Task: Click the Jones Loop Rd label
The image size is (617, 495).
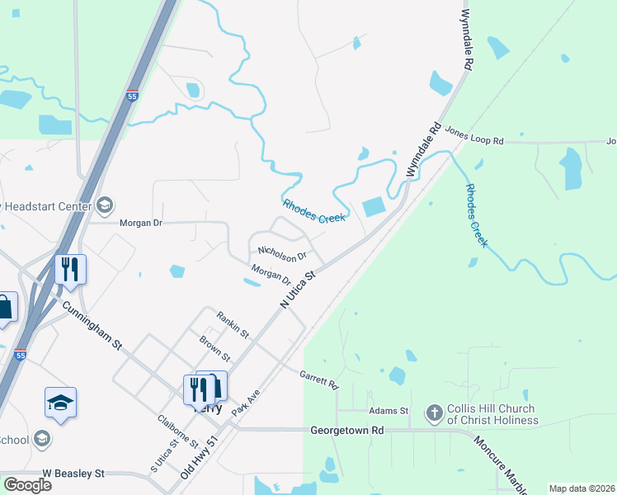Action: pyautogui.click(x=473, y=141)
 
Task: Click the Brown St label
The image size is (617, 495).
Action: pyautogui.click(x=214, y=347)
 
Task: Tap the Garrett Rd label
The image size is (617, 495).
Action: pyautogui.click(x=319, y=379)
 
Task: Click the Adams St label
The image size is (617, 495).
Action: pyautogui.click(x=389, y=410)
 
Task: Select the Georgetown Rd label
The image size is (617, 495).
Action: pyautogui.click(x=347, y=431)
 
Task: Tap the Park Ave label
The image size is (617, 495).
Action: pyautogui.click(x=246, y=402)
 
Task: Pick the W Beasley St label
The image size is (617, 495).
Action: pyautogui.click(x=73, y=474)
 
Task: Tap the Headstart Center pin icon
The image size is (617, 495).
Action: pyautogui.click(x=105, y=204)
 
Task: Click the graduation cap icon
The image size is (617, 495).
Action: pyautogui.click(x=60, y=402)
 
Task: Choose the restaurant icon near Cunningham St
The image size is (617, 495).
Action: pyautogui.click(x=70, y=268)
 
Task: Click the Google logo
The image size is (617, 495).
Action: pyautogui.click(x=27, y=484)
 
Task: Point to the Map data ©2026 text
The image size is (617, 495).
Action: pyautogui.click(x=581, y=488)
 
